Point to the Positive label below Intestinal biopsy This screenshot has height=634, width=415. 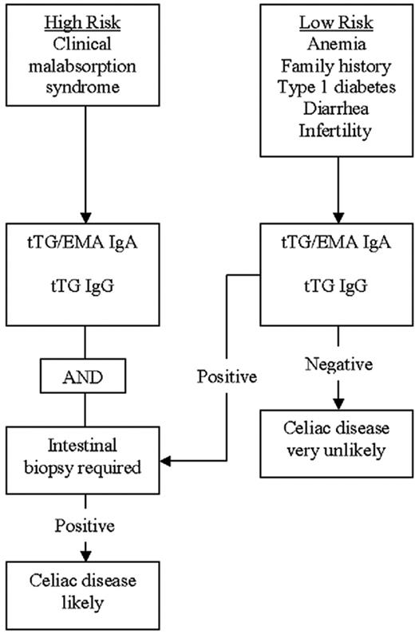click(84, 526)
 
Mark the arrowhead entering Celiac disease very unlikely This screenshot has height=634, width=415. click(338, 402)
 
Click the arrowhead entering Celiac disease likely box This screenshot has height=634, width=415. click(84, 556)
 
